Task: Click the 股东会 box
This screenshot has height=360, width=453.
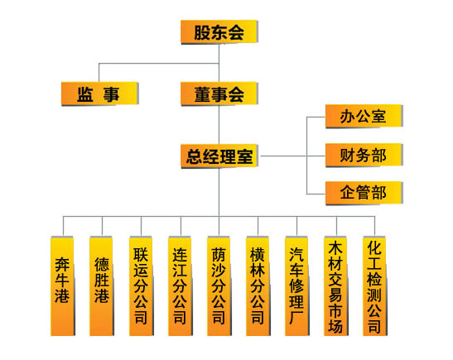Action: coord(219,31)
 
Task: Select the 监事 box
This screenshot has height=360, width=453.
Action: coord(100,94)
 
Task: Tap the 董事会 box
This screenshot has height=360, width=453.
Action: coord(219,94)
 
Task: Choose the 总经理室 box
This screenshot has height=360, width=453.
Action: coord(219,156)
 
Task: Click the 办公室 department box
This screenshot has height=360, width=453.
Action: coord(364,116)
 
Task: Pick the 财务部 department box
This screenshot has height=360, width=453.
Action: coord(364,155)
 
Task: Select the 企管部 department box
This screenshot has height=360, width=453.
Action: coord(364,193)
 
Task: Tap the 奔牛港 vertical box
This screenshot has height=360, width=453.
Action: coord(63,286)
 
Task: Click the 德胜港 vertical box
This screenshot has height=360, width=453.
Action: coord(102,286)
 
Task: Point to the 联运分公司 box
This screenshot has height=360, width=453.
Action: coord(142,286)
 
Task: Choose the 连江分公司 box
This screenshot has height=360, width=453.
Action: coord(181,286)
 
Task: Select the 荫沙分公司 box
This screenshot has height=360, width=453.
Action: coord(219,286)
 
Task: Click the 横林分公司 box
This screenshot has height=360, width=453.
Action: coord(258,286)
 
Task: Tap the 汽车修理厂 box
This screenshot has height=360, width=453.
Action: coord(297,286)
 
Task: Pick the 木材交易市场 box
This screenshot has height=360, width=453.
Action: coord(336,286)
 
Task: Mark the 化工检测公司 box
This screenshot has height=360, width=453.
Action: coord(375,286)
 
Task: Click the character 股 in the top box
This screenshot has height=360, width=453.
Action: coord(202,32)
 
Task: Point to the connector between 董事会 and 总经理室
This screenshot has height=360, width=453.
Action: coord(219,125)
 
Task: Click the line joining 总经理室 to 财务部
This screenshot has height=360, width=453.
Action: coord(293,156)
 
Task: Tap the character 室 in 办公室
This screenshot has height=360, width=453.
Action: coord(378,116)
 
